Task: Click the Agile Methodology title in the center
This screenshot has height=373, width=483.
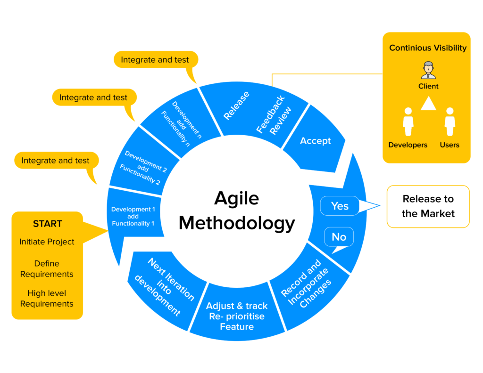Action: (x=237, y=210)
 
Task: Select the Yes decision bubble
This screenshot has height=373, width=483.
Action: (x=340, y=205)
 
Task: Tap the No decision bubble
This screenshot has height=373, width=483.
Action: (x=339, y=237)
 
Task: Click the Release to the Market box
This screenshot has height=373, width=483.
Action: (x=428, y=206)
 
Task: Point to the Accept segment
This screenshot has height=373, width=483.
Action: (x=315, y=140)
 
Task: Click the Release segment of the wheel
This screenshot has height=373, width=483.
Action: (x=236, y=105)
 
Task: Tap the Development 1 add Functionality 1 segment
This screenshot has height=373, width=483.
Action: (x=133, y=216)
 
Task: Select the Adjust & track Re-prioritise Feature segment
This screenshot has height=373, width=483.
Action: (x=237, y=316)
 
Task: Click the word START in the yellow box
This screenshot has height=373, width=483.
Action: (x=47, y=224)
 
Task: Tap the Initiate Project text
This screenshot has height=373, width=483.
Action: (x=47, y=242)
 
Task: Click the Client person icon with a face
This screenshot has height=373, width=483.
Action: (x=428, y=70)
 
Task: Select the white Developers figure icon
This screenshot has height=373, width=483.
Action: (x=408, y=122)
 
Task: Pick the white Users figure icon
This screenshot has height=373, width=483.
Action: (x=450, y=122)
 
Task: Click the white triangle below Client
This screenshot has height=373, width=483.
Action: (x=428, y=103)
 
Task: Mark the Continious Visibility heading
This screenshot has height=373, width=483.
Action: (x=428, y=48)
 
